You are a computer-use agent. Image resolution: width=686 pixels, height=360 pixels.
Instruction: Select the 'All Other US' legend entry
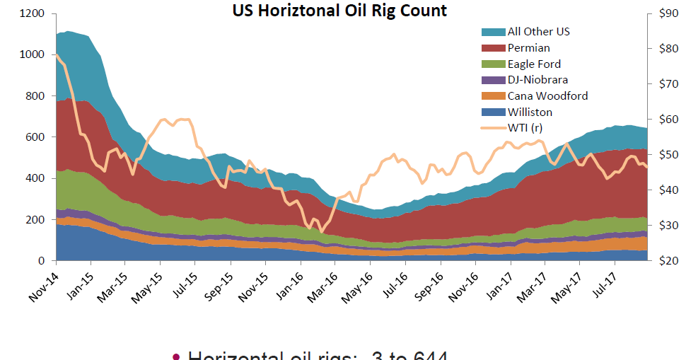click(x=538, y=32)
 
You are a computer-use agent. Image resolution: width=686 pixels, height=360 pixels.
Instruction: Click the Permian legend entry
click(x=528, y=48)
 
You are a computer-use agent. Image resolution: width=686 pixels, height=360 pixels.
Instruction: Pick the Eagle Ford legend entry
click(x=534, y=64)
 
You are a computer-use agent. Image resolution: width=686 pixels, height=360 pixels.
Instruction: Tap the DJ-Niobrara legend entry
click(x=537, y=80)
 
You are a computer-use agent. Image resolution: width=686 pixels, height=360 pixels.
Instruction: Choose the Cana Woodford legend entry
click(x=547, y=95)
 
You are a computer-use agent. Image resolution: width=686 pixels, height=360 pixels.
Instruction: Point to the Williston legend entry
click(x=530, y=112)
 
